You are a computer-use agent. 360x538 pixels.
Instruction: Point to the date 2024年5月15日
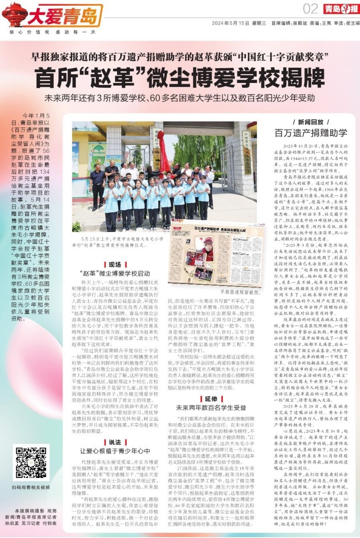point(230,23)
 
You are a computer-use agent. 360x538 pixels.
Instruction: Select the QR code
point(31,463)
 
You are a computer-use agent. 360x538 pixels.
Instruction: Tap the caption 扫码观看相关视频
point(31,487)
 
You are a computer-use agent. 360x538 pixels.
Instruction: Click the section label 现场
point(115,265)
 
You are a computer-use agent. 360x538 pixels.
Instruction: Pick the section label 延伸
point(211,399)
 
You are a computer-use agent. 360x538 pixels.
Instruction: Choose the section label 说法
point(115,442)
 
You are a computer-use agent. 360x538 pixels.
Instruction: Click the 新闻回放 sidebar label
point(310,122)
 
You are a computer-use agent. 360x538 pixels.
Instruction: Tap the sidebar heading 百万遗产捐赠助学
point(310,133)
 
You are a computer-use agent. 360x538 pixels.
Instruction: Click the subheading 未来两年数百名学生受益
point(211,408)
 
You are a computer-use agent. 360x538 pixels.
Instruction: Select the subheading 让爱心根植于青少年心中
point(115,451)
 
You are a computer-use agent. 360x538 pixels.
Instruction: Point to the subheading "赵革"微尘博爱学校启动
point(115,273)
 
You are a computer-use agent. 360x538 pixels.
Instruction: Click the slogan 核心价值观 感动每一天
point(53,32)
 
